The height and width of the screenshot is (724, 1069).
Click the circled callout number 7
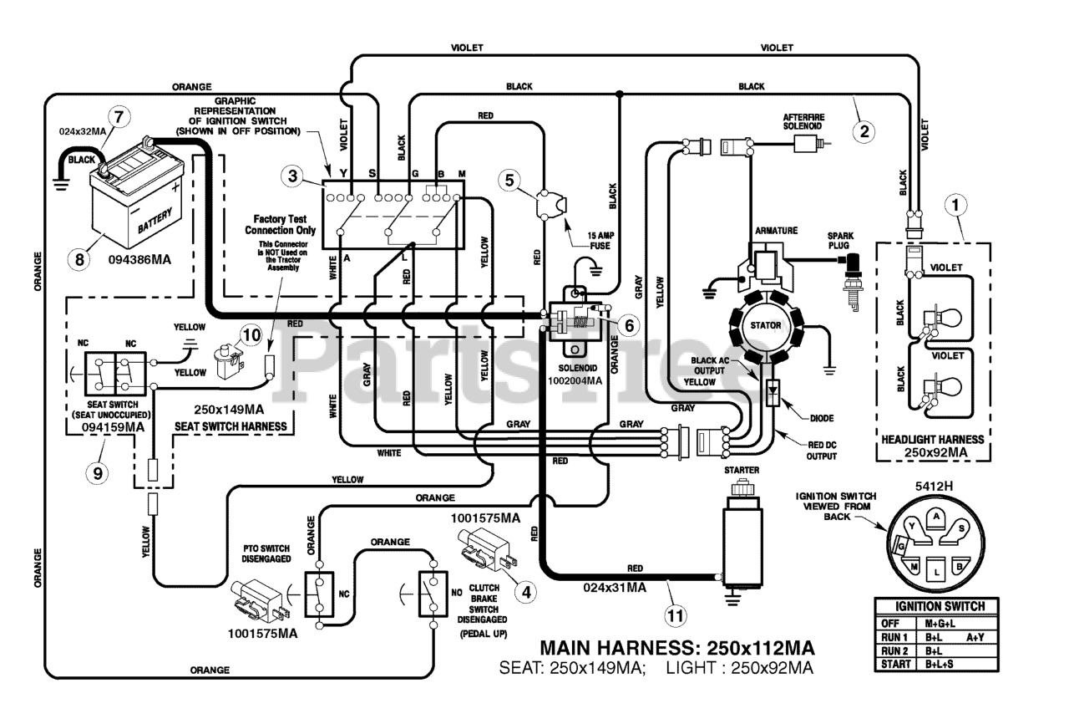point(119,116)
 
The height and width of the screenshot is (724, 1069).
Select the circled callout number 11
point(676,615)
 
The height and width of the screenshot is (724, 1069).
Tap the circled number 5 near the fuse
point(509,180)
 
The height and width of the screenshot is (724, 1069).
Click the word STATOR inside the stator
point(766,325)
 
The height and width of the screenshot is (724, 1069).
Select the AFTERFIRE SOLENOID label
point(803,121)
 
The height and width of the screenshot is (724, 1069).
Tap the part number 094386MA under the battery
point(139,260)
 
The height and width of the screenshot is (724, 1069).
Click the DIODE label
point(822,418)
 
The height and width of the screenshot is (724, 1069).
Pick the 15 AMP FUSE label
point(600,241)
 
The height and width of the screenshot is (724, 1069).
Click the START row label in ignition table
point(896,665)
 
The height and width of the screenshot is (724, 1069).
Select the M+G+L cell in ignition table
point(940,623)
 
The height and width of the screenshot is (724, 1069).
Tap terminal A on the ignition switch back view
point(936,518)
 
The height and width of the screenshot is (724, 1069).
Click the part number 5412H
point(934,487)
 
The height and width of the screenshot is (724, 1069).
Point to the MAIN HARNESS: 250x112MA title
point(677,648)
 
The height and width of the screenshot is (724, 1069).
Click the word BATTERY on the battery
point(155,221)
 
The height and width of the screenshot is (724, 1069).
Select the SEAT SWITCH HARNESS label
point(231,426)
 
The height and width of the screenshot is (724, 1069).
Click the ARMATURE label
point(777,231)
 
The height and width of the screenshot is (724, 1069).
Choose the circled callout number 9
point(98,473)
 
